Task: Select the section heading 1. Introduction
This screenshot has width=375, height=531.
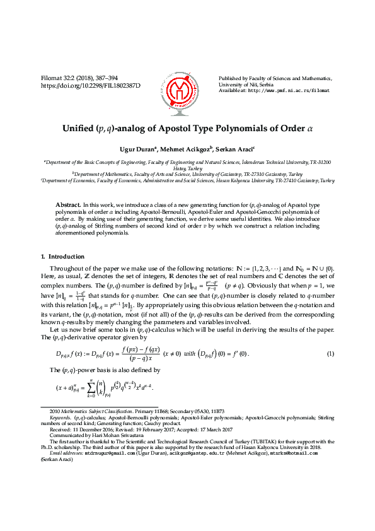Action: (x=62, y=257)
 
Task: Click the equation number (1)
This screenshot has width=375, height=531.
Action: (x=330, y=353)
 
